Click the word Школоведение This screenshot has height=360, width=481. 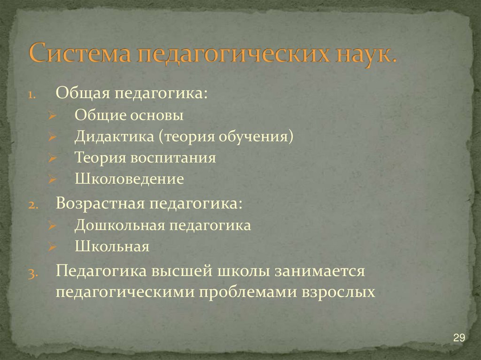point(129,179)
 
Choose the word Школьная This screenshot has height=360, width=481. point(112,247)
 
